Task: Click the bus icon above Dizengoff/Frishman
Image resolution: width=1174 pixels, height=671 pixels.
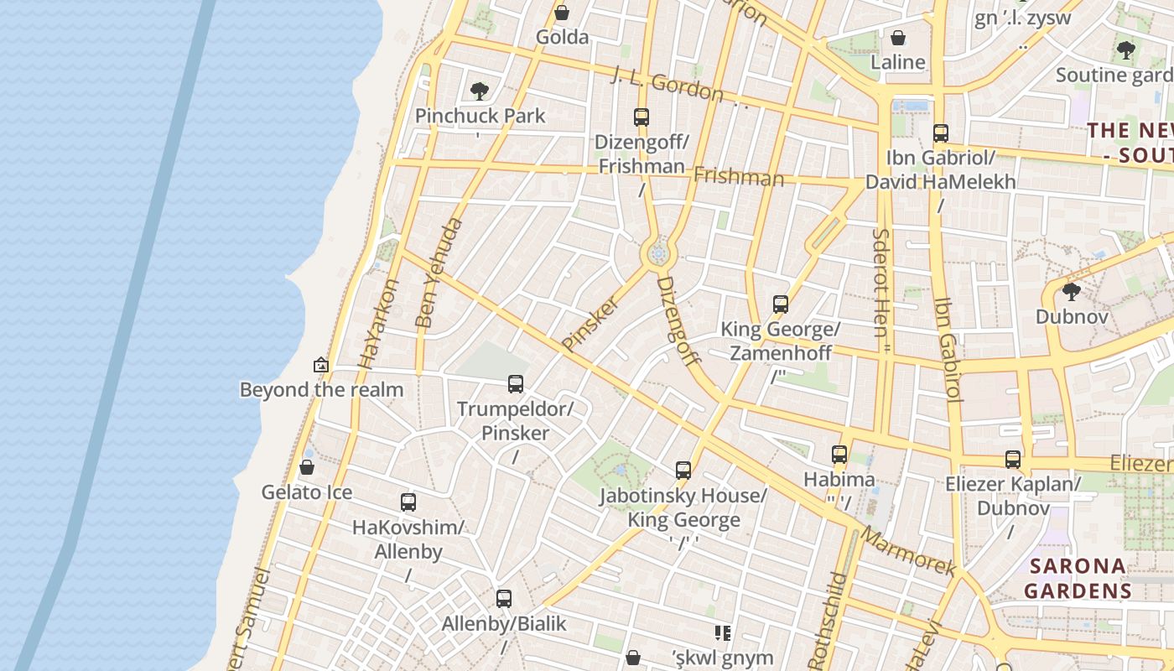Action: pos(642,117)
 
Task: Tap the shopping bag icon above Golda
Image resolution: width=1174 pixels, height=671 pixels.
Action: pos(562,13)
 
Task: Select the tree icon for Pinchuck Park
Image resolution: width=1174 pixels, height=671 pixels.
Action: pos(480,91)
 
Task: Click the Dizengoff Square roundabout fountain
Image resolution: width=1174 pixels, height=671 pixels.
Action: pos(659,253)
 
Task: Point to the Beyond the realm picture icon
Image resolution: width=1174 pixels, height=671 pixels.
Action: pos(320,365)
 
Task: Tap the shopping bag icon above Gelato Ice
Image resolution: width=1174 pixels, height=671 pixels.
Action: pos(307,467)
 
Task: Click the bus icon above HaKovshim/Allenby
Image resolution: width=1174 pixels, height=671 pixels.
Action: pos(408,502)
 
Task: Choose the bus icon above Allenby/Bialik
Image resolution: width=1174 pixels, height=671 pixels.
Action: pos(504,599)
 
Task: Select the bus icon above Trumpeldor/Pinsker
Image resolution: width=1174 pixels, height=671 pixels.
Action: pos(516,384)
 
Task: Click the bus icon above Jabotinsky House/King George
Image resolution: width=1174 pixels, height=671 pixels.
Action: pos(683,471)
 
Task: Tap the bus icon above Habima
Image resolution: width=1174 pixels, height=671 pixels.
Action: pos(839,455)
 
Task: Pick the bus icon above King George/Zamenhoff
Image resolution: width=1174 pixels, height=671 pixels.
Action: pos(781,304)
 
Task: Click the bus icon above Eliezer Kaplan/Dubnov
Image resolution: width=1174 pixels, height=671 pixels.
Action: pos(1013,460)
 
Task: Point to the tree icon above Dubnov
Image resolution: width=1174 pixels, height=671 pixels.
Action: pos(1071,292)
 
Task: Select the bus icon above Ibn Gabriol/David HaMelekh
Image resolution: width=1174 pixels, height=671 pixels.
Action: pos(941,133)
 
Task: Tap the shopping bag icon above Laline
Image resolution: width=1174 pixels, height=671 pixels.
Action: pos(898,38)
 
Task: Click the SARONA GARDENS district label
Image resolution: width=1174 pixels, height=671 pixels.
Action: pos(1078,578)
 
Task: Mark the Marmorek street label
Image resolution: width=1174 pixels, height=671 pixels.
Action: pos(908,551)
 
